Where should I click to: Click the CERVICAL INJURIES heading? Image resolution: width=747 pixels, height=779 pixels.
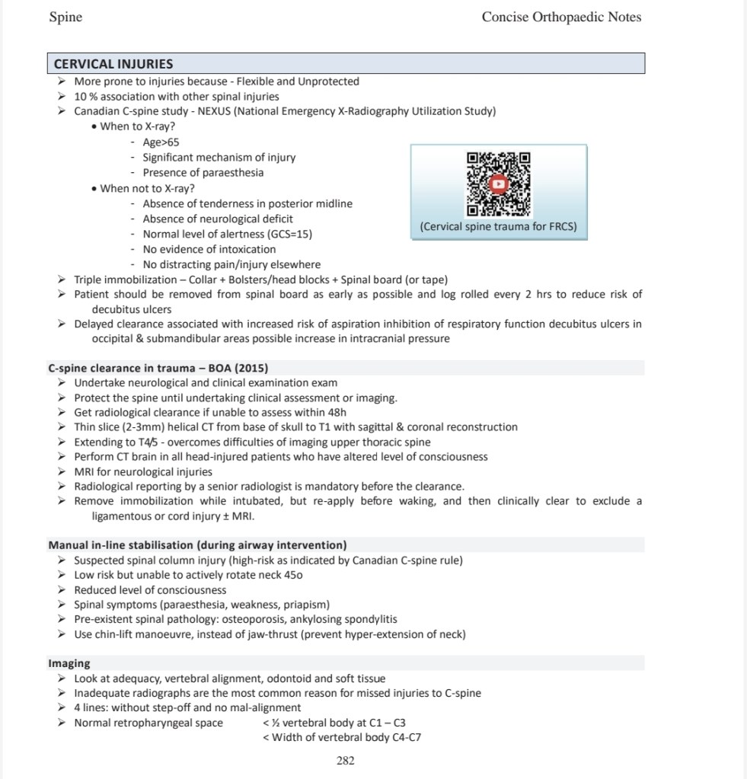click(113, 64)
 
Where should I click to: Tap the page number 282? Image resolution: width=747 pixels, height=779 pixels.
click(346, 760)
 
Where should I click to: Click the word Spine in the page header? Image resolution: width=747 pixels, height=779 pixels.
click(65, 17)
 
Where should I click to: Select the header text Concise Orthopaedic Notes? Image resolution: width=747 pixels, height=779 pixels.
click(561, 17)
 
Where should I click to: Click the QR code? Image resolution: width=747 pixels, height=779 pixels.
click(498, 184)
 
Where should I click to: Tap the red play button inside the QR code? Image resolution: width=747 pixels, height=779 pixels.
click(498, 184)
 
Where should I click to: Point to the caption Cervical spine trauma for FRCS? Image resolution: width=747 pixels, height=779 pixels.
click(498, 227)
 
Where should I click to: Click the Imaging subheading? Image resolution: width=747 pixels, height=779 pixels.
click(69, 663)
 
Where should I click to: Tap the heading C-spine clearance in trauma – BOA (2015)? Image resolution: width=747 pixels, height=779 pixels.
click(158, 368)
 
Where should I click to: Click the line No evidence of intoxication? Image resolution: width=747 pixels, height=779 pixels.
click(209, 249)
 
